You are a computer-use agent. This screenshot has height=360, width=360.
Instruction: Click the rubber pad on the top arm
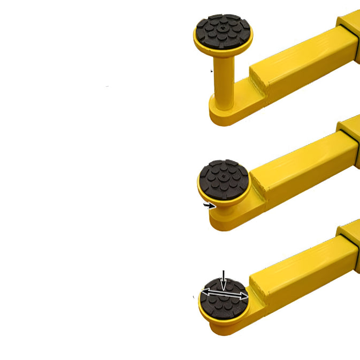pos(223,30)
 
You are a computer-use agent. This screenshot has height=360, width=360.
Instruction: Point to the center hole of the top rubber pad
pos(223,25)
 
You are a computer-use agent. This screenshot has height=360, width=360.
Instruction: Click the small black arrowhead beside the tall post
pos(212,71)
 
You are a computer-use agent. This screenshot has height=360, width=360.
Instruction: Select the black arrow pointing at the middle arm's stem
pos(209,205)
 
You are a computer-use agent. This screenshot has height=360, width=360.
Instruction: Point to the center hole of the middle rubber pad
pos(223,175)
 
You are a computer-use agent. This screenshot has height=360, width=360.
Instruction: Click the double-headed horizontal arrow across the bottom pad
pos(225,293)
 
